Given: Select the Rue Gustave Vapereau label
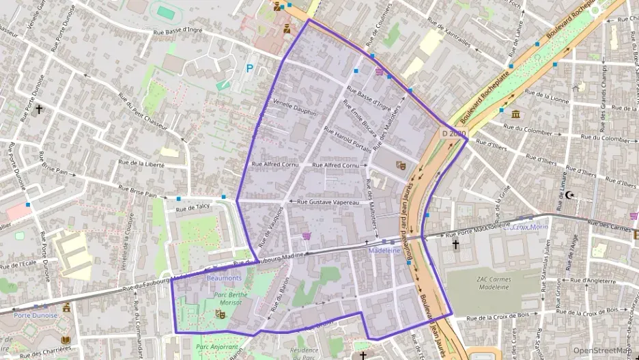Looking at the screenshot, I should (328, 202).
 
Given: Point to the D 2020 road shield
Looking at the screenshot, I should (453, 134).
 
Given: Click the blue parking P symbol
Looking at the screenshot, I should (249, 68).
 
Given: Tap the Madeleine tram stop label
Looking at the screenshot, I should (384, 251).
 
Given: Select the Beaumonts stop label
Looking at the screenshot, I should (224, 279).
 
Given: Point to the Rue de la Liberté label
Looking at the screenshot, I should (143, 163).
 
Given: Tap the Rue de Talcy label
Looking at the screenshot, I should (193, 206).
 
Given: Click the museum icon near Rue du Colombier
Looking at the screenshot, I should (516, 113).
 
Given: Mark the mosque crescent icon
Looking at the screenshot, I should (571, 195).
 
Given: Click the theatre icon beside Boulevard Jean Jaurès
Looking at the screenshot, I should (401, 165).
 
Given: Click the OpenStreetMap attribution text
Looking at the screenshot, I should (601, 350).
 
